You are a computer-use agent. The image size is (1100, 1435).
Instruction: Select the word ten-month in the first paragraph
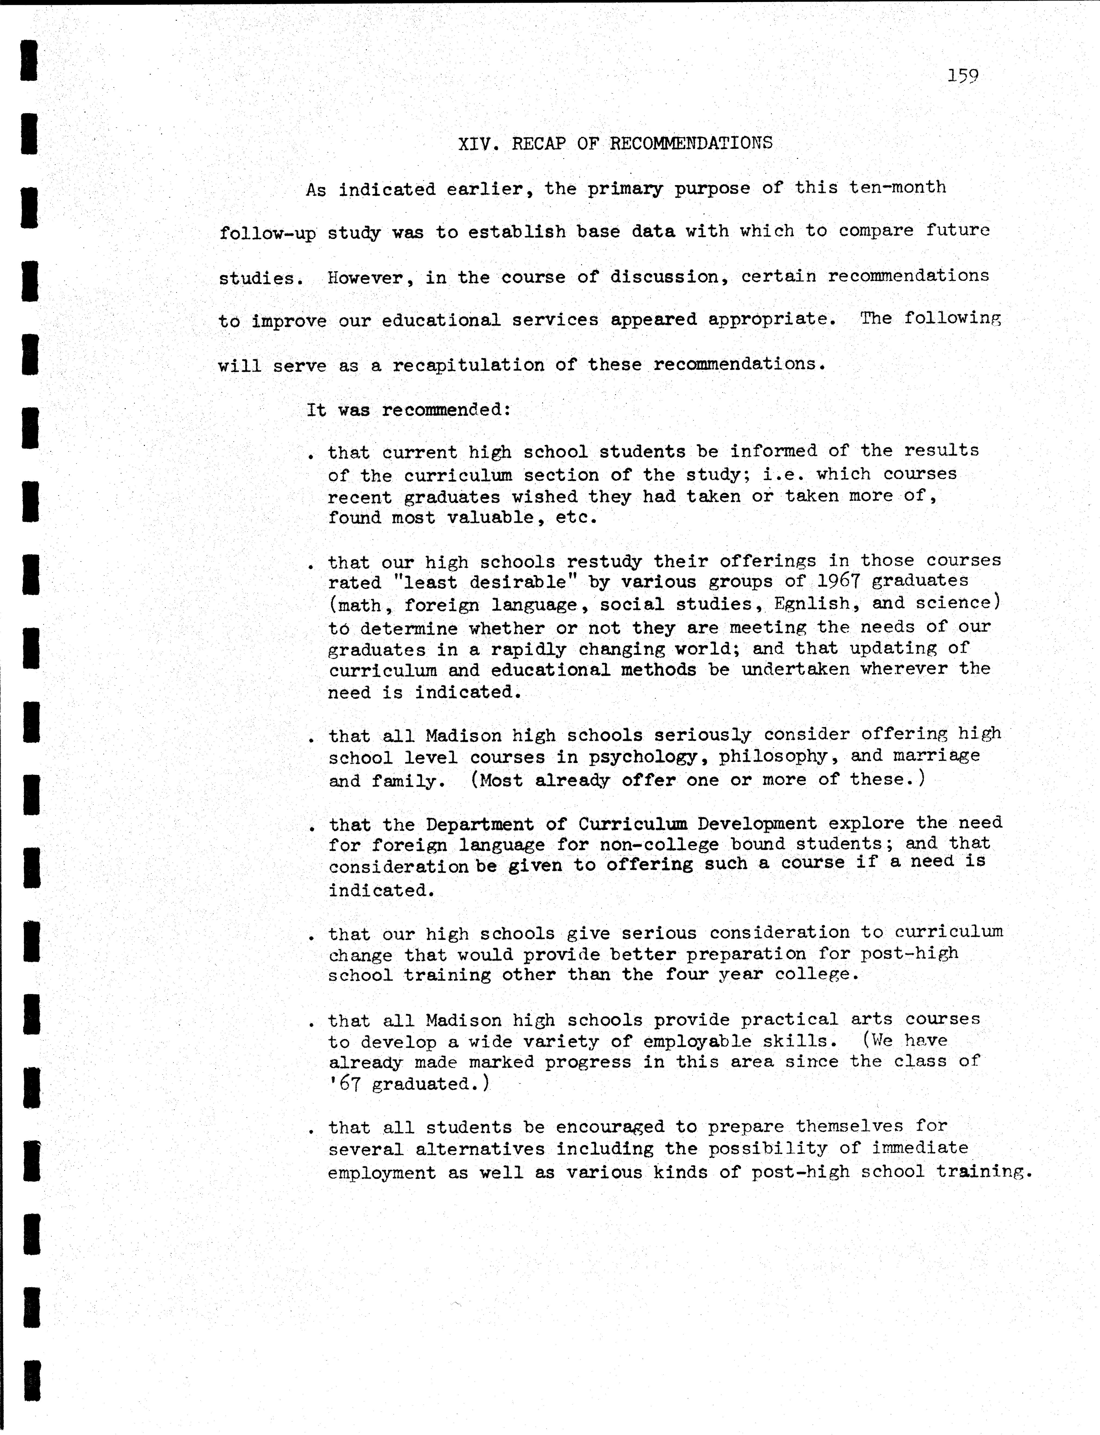click(897, 187)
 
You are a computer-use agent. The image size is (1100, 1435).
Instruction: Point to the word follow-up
click(267, 233)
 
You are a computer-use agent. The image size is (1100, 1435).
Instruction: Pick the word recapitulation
click(468, 365)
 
